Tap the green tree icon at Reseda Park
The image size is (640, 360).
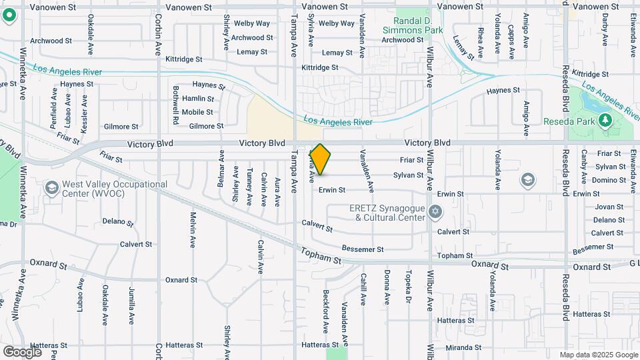[x=605, y=121]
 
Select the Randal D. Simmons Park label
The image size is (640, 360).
[x=413, y=25]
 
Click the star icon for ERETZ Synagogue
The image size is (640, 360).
[x=436, y=212]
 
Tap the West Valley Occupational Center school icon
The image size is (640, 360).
[x=51, y=189]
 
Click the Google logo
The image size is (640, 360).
[x=22, y=351]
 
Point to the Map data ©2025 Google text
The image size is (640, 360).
[x=598, y=355]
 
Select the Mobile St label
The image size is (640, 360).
[x=197, y=112]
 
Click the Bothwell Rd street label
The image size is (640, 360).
[x=176, y=105]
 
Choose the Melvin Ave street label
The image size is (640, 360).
[x=193, y=230]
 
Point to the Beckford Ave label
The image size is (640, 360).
[x=326, y=311]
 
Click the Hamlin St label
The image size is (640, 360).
[x=198, y=99]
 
